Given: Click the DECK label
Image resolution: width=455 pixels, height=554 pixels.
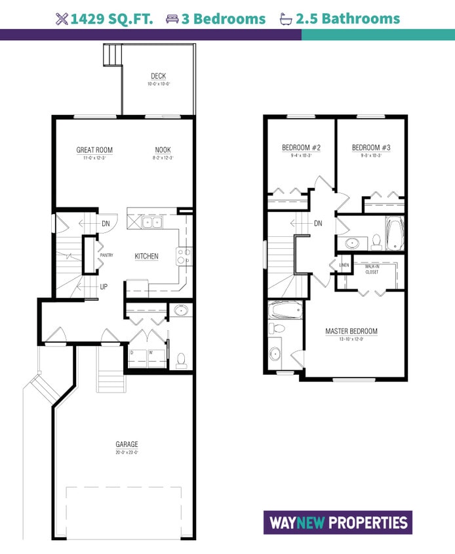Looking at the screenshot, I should click(x=157, y=77).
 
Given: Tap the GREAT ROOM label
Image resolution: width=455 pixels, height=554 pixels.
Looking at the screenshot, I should click(x=94, y=150).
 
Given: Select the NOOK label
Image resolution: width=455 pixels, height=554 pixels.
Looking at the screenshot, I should click(x=163, y=150).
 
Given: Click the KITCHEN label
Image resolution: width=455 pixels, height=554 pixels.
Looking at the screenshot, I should click(x=146, y=256).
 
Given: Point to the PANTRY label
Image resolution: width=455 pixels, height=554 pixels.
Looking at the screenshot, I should click(x=107, y=255).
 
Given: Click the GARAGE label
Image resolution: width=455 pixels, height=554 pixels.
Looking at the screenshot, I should click(x=127, y=444).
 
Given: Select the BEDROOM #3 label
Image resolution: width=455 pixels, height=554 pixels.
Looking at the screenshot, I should click(x=370, y=148).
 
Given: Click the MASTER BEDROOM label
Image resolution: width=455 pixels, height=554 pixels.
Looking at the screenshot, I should click(x=351, y=331).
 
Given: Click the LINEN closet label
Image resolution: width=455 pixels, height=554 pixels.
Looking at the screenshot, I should click(x=344, y=266).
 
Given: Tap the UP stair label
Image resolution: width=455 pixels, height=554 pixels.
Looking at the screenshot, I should click(x=104, y=287).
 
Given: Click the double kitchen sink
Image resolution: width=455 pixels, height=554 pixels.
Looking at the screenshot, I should click(x=153, y=223).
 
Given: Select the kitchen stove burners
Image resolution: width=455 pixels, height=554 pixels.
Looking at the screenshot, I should click(x=183, y=256).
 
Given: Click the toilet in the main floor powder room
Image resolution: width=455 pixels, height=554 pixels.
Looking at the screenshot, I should click(x=181, y=360).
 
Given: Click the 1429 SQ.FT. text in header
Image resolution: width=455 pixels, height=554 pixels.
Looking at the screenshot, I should click(x=112, y=19).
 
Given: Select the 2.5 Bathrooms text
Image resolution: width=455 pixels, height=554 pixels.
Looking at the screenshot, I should click(x=347, y=19).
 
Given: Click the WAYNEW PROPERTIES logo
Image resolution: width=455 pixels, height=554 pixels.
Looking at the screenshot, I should click(x=338, y=523).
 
